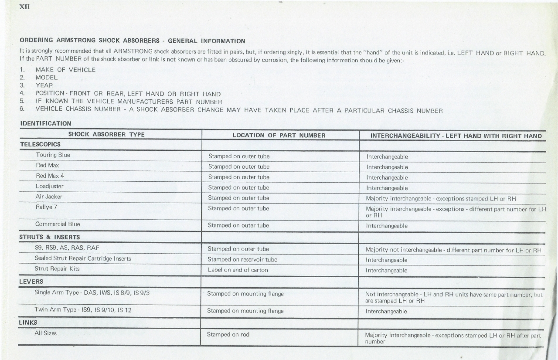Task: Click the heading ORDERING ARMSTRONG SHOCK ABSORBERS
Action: point(133,41)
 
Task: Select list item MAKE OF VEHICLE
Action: point(65,70)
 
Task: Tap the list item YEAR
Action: point(44,85)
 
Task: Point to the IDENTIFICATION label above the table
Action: point(46,124)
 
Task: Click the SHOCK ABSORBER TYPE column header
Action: point(106,134)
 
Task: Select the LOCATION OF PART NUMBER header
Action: point(279,136)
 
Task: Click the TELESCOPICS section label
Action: point(40,144)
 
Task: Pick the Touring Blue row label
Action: point(53,155)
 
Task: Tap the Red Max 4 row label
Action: point(50,176)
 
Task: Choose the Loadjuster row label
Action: point(50,186)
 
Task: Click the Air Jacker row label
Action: point(49,197)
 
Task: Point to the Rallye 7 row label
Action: point(46,207)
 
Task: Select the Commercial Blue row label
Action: point(58,224)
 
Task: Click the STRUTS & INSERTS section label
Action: point(50,238)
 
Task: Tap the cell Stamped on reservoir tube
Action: point(242,260)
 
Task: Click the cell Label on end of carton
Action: point(238,270)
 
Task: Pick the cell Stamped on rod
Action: point(228,335)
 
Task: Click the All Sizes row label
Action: point(45,333)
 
